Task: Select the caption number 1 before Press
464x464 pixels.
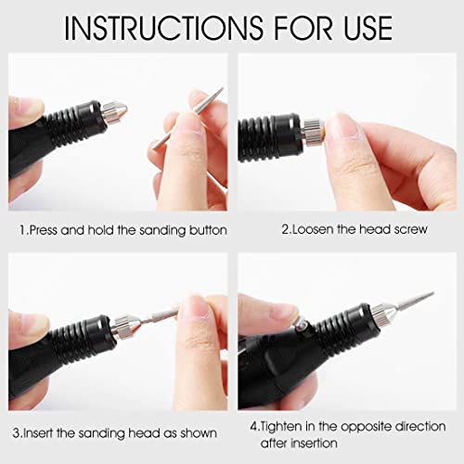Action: pyautogui.click(x=21, y=228)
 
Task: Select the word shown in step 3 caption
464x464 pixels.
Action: pyautogui.click(x=197, y=433)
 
